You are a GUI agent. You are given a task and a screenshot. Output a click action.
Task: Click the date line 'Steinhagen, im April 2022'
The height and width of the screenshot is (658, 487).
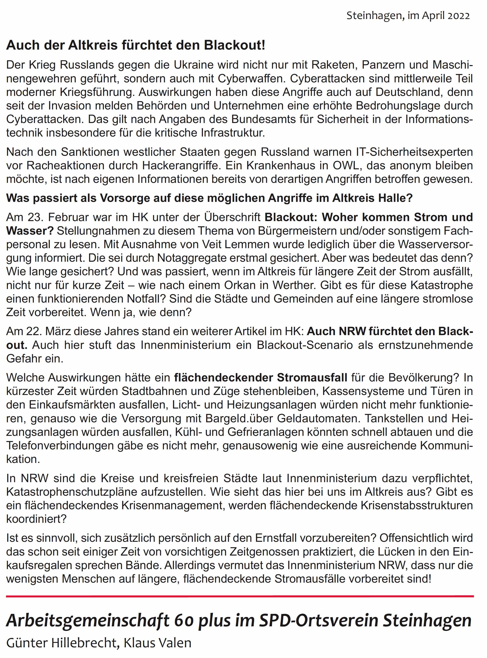click(408, 15)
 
